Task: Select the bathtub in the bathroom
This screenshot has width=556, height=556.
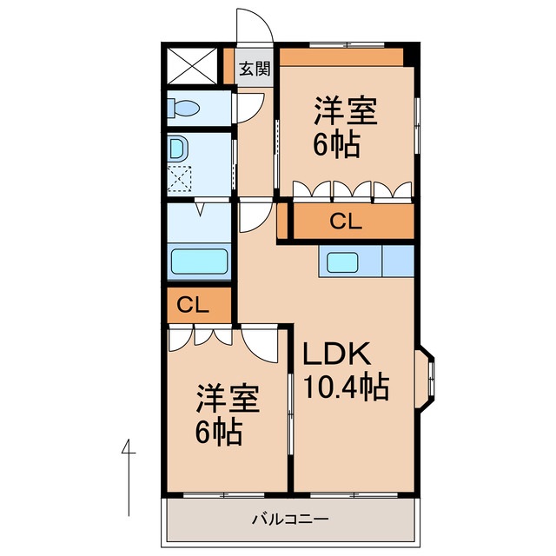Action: (x=199, y=261)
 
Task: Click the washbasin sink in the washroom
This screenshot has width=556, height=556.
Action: (x=177, y=148)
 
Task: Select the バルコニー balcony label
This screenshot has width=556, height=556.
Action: (x=289, y=520)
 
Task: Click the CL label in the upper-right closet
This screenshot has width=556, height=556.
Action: (x=345, y=222)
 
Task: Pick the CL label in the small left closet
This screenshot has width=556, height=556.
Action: (x=193, y=305)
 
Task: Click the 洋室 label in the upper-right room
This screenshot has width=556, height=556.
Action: (x=345, y=112)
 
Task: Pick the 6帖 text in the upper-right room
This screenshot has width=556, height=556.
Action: (x=336, y=145)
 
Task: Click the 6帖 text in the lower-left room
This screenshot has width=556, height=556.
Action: (x=218, y=432)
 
